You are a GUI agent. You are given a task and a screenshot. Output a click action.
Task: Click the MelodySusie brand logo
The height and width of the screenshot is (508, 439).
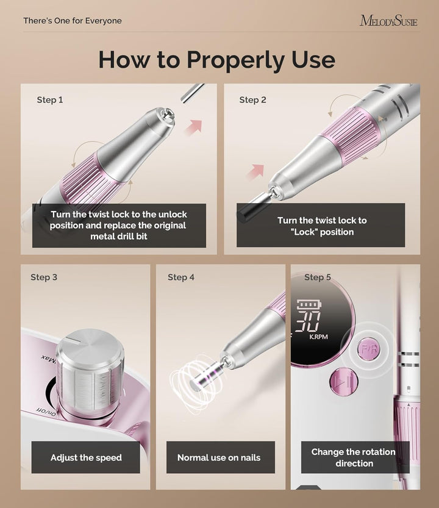(x=388, y=21)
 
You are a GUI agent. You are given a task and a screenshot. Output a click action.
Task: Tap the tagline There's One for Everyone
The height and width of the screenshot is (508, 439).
(x=73, y=21)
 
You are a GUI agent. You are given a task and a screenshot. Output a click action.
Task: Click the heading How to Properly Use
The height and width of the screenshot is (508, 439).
(x=216, y=60)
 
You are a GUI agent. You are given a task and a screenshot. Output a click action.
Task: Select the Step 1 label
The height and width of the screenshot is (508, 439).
(x=50, y=100)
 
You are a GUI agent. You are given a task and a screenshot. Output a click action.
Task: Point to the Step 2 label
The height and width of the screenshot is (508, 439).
(x=252, y=100)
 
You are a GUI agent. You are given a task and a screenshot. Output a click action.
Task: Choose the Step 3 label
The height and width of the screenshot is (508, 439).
(x=44, y=277)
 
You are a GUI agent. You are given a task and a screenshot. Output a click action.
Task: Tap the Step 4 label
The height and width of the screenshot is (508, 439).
(x=181, y=277)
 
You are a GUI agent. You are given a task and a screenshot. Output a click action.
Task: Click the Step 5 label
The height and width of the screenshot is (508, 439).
(x=317, y=277)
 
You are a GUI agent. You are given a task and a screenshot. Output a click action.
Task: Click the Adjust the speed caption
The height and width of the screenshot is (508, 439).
(x=86, y=457)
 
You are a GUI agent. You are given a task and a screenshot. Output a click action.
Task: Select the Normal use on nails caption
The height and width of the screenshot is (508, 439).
(x=218, y=457)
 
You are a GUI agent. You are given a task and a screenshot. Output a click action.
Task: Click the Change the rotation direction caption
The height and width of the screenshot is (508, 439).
(x=354, y=457)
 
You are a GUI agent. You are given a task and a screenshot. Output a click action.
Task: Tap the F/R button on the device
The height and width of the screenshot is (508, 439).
(x=368, y=351)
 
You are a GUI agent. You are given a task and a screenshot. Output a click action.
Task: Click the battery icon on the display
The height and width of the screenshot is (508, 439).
(x=308, y=304)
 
